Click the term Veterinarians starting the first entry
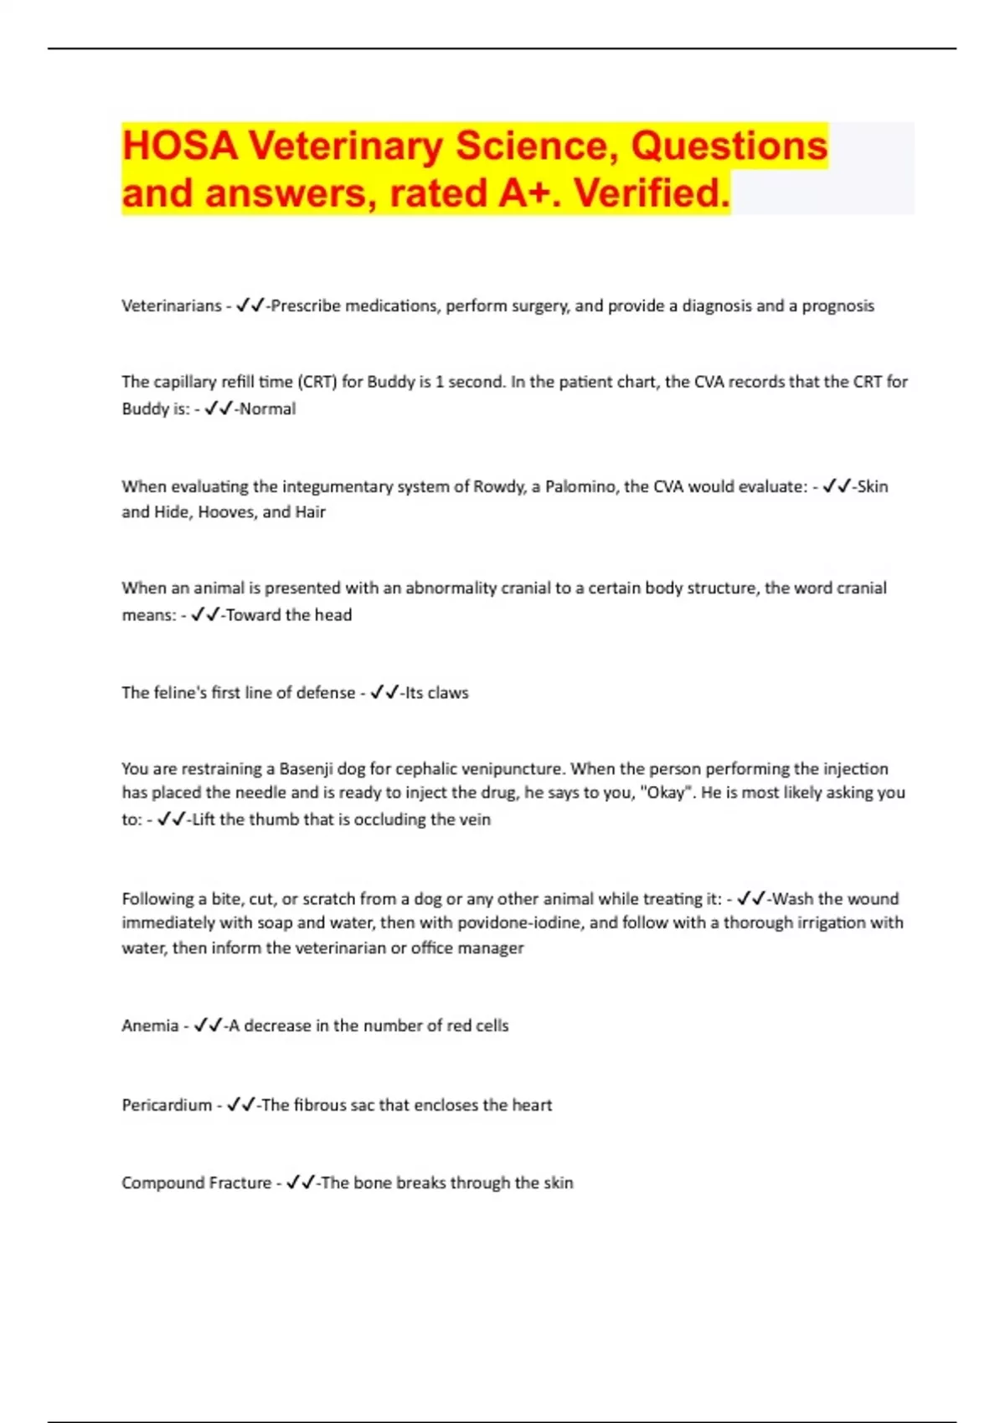[172, 306]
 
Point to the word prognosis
[837, 306]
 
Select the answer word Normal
[267, 409]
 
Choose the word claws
[448, 693]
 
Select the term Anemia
[150, 1026]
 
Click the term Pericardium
[167, 1106]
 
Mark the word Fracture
[240, 1184]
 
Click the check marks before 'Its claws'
[384, 692]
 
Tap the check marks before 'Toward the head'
[205, 615]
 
